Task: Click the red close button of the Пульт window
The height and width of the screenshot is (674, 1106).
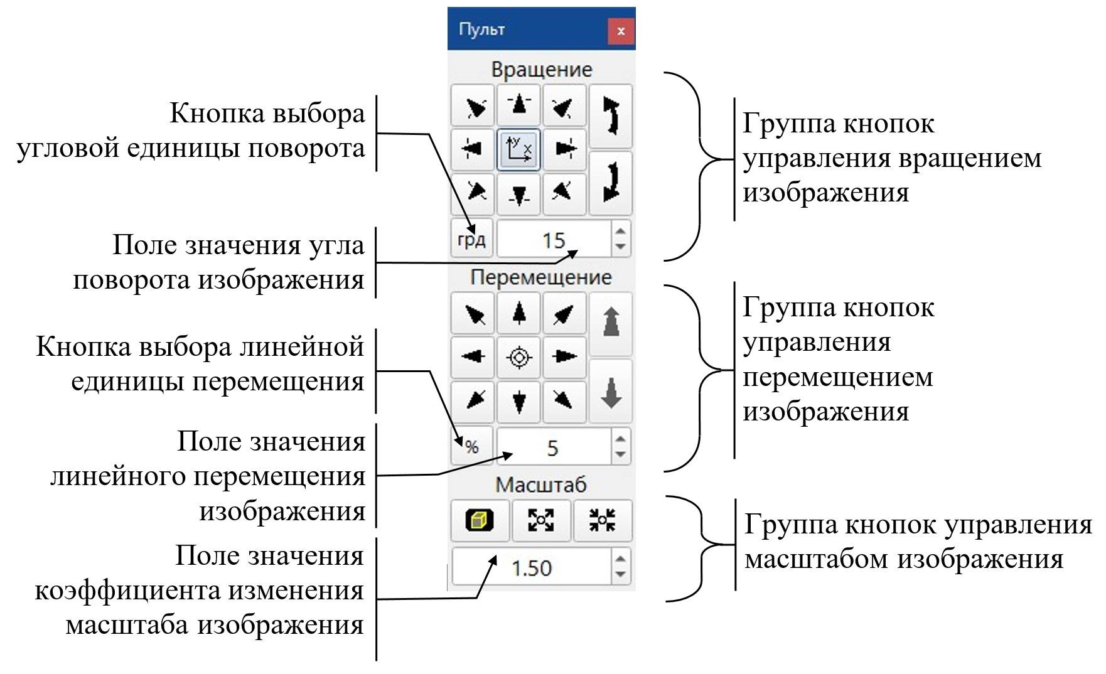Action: tap(620, 31)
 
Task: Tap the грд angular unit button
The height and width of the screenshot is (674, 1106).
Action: tap(472, 239)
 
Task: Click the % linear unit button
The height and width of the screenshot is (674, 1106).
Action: tap(472, 447)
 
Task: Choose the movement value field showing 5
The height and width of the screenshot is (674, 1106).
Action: tap(552, 447)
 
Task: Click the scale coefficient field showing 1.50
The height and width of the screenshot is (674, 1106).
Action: tap(531, 567)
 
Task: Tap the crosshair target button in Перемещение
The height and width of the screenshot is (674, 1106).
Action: tap(519, 357)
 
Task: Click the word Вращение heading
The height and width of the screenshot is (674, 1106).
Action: tap(541, 69)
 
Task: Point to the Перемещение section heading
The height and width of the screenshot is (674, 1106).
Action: tap(540, 277)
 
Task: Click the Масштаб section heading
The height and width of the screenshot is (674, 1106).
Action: tap(540, 484)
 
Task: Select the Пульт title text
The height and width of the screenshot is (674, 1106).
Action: tap(481, 29)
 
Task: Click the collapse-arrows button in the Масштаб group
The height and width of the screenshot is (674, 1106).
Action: tap(602, 520)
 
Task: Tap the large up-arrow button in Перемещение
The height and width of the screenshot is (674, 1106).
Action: tap(611, 323)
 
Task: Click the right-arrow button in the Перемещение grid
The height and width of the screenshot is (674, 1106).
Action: tap(564, 357)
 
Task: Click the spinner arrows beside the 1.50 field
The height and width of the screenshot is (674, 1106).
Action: tap(620, 567)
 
